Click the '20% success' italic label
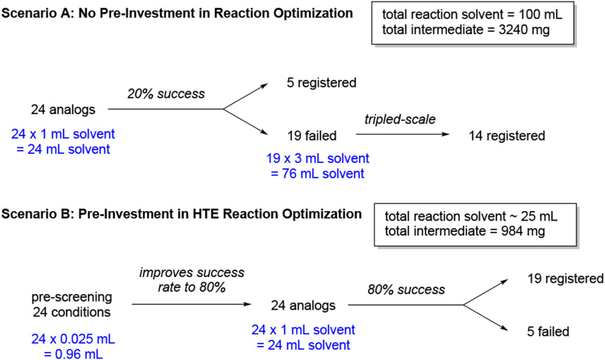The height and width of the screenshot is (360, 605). click(x=166, y=93)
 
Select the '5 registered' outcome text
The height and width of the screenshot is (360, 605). click(x=322, y=83)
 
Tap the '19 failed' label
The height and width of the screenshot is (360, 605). click(x=312, y=135)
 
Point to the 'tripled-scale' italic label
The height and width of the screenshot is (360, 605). click(x=400, y=119)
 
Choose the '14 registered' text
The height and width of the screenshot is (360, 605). click(x=507, y=135)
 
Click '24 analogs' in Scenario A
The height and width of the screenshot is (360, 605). click(x=63, y=110)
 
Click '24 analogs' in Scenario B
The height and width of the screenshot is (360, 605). click(x=303, y=306)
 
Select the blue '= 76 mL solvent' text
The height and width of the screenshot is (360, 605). click(x=318, y=174)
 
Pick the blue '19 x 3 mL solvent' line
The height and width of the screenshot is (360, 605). click(x=318, y=158)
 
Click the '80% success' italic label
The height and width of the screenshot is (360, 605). click(x=406, y=290)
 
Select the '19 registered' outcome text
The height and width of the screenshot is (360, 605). click(x=566, y=279)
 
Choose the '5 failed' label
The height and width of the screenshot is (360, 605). click(x=548, y=331)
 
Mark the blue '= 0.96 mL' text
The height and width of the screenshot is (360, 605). click(x=73, y=354)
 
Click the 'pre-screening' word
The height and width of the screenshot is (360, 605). click(x=72, y=297)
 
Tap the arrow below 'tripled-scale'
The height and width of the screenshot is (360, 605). click(x=403, y=134)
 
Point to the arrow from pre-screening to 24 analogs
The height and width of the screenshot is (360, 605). click(x=192, y=304)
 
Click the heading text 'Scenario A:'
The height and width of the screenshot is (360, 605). click(x=37, y=13)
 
